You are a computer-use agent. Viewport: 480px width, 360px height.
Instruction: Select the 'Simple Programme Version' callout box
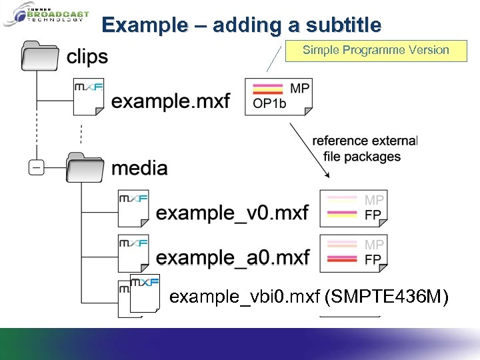tap(376, 50)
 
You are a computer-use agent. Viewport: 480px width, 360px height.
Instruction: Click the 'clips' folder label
tap(87, 57)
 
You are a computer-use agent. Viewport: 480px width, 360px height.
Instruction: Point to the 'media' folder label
tap(139, 167)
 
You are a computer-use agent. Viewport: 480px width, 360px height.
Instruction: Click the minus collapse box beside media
tap(37, 167)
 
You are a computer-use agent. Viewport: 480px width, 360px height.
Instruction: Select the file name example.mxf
tap(171, 101)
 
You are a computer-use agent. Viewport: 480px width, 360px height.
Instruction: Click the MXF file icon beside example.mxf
tap(89, 97)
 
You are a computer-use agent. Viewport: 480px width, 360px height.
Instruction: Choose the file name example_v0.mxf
tap(232, 213)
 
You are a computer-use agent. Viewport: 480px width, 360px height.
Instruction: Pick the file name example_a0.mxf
tap(233, 257)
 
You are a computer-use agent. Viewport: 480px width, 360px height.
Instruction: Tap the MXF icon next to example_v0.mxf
tap(133, 208)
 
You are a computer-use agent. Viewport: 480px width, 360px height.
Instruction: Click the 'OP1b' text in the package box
tap(271, 103)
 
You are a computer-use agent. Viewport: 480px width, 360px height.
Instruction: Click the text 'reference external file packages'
tap(364, 149)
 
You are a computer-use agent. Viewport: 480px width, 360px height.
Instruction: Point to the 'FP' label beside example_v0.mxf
tap(373, 215)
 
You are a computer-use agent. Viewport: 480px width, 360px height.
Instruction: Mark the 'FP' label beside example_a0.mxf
tap(373, 259)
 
